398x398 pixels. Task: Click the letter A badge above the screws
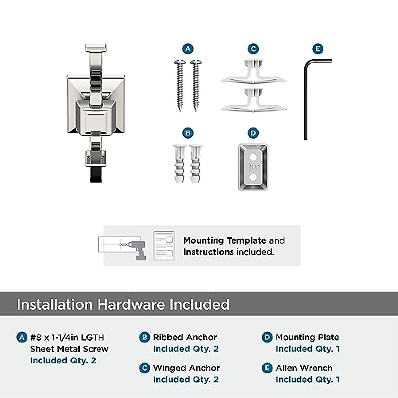pyautogui.click(x=188, y=49)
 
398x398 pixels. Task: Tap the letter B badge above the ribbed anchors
pyautogui.click(x=188, y=133)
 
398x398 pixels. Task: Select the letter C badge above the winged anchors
pyautogui.click(x=253, y=49)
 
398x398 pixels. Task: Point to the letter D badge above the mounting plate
pyautogui.click(x=253, y=133)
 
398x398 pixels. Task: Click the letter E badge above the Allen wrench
pyautogui.click(x=318, y=49)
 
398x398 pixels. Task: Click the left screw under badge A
pyautogui.click(x=180, y=85)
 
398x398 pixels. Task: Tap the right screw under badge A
pyautogui.click(x=195, y=85)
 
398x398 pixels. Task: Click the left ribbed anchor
pyautogui.click(x=179, y=164)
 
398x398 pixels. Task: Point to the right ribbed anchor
pyautogui.click(x=195, y=164)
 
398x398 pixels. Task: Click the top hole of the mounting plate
pyautogui.click(x=253, y=156)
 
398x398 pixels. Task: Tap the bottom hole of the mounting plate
pyautogui.click(x=253, y=178)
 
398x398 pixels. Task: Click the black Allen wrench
pyautogui.click(x=306, y=99)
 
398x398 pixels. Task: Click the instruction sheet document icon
pyautogui.click(x=164, y=246)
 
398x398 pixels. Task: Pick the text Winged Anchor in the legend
pyautogui.click(x=186, y=368)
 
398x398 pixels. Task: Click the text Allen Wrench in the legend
pyautogui.click(x=304, y=368)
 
